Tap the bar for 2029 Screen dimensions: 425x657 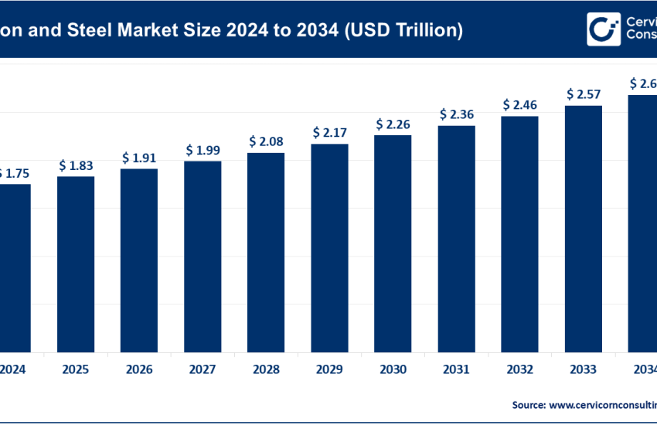coord(329,246)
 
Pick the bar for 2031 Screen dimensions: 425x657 coord(456,237)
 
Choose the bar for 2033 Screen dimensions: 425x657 coord(583,227)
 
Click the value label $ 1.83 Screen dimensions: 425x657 coord(76,165)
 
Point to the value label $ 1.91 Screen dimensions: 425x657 coord(139,158)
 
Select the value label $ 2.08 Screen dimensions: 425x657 coord(266,141)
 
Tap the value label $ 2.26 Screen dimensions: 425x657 coord(393,124)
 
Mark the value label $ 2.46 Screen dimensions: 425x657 coord(519,104)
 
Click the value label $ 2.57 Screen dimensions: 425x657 coord(583,94)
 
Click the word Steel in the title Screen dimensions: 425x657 coord(94,30)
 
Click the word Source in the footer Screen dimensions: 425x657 coord(528,404)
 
